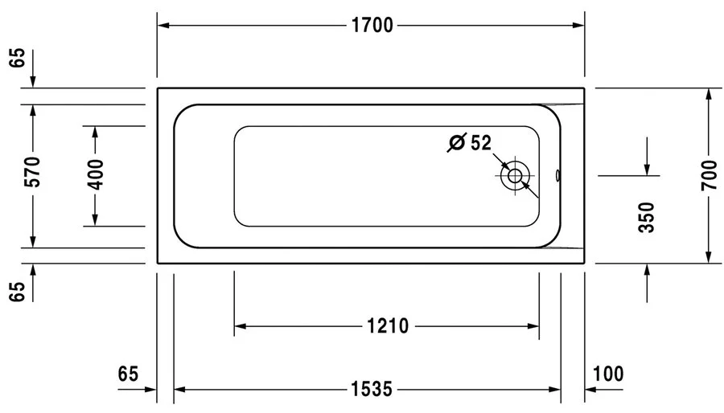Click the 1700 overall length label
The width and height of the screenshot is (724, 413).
pyautogui.click(x=371, y=26)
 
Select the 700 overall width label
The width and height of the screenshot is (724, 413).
pyautogui.click(x=709, y=175)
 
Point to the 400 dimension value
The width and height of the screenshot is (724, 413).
pyautogui.click(x=95, y=175)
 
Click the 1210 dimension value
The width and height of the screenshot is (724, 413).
pyautogui.click(x=387, y=326)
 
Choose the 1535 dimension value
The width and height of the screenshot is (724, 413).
pyautogui.click(x=371, y=391)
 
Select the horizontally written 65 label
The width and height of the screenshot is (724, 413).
pyautogui.click(x=129, y=374)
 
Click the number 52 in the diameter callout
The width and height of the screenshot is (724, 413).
pyautogui.click(x=480, y=143)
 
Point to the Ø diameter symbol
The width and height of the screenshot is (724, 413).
pyautogui.click(x=456, y=143)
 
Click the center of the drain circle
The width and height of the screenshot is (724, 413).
pyautogui.click(x=514, y=175)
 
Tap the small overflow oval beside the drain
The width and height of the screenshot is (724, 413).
pyautogui.click(x=560, y=175)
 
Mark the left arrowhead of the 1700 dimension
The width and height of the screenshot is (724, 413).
pyautogui.click(x=162, y=26)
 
